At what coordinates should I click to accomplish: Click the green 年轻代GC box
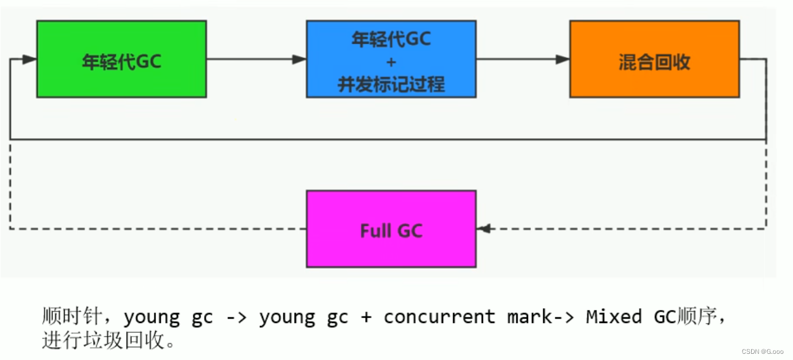click(121, 59)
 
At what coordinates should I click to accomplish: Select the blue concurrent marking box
click(391, 59)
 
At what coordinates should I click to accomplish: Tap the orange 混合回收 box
click(654, 59)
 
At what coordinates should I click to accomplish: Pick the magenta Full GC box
click(391, 229)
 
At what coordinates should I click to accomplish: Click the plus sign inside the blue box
click(391, 62)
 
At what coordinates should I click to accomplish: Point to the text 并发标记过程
click(391, 84)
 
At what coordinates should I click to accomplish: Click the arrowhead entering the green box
click(29, 60)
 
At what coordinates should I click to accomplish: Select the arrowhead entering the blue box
click(299, 60)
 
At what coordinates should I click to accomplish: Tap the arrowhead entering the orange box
click(562, 60)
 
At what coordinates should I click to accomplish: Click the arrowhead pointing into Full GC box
click(484, 229)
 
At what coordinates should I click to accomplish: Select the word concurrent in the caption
click(439, 317)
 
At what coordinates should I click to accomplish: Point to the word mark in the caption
click(529, 317)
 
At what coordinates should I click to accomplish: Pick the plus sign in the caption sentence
click(366, 317)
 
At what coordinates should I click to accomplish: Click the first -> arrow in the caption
click(235, 317)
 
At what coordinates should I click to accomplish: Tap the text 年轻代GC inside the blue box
click(391, 40)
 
